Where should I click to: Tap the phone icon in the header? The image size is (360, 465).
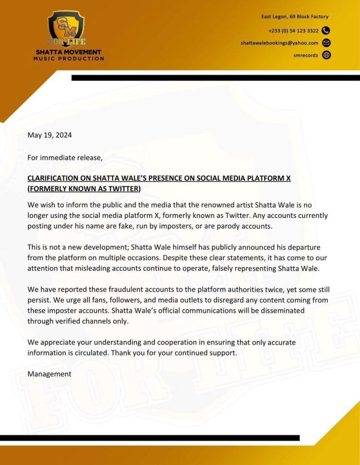coord(326,31)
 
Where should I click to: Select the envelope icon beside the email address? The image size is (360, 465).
coord(326,43)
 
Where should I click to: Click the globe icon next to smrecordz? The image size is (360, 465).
coord(326,55)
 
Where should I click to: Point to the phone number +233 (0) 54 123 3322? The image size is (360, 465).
coord(294,31)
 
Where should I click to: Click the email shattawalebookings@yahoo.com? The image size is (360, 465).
coord(280,43)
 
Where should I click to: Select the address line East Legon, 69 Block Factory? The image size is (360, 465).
coord(295,17)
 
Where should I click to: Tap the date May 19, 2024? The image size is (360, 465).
coord(50,135)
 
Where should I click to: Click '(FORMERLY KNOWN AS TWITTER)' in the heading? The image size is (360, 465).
coord(84,188)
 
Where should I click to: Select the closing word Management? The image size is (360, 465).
coord(50,374)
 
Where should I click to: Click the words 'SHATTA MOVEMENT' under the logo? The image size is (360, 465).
coord(69,52)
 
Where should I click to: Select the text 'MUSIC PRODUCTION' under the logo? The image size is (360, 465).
coord(69,59)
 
